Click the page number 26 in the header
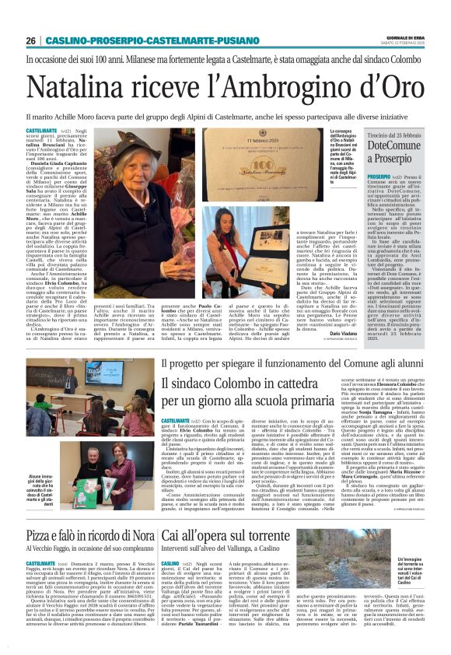pyautogui.click(x=30, y=40)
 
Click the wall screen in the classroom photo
pyautogui.click(x=103, y=372)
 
